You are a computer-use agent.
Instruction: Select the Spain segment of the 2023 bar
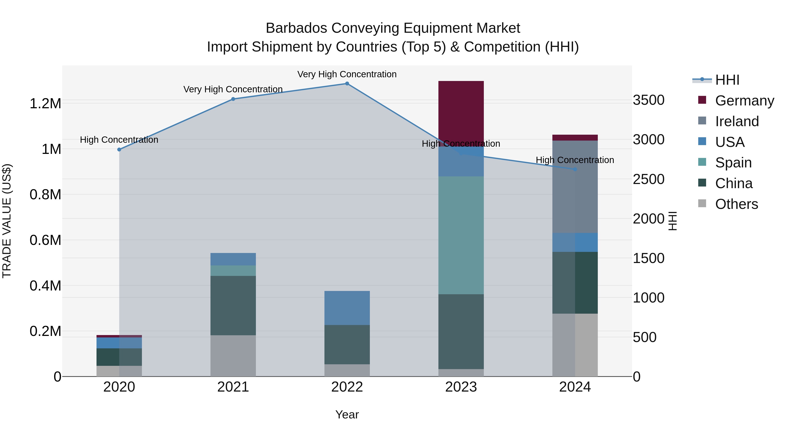461,235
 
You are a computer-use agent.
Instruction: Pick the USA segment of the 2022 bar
347,308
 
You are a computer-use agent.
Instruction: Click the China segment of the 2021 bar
233,305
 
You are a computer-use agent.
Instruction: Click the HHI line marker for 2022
347,84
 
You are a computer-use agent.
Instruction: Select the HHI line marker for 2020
119,150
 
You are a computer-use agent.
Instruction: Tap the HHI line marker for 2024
575,169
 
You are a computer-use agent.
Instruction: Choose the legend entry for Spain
733,163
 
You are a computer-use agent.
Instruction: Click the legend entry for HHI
727,80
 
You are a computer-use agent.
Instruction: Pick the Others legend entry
736,204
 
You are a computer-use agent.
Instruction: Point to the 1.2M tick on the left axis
45,104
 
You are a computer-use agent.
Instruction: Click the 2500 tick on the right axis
648,179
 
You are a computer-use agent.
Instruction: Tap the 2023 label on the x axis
461,387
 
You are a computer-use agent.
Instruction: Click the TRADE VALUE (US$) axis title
7,221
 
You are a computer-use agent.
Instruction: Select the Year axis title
347,414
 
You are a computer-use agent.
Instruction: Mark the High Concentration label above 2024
575,160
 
